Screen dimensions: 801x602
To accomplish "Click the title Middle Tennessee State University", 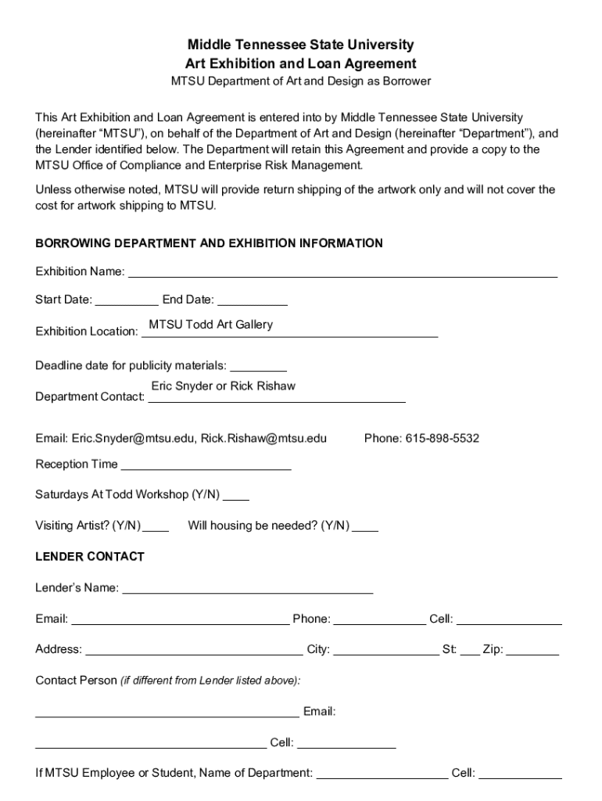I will tap(301, 45).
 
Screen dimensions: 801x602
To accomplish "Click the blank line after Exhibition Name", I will tap(342, 272).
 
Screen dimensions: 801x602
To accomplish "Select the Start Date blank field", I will tap(127, 300).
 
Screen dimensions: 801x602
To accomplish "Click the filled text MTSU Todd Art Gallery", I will tap(211, 325).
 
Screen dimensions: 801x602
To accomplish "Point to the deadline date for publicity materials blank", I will tap(259, 366).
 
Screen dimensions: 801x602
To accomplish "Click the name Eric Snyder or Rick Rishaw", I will tap(224, 386).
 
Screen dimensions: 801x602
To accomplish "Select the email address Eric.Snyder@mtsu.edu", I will tap(134, 438).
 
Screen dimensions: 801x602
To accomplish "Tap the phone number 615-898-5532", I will tap(442, 438).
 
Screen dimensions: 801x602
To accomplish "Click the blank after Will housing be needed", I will tap(366, 526).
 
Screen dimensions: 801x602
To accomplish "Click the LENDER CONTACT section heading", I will tap(90, 557).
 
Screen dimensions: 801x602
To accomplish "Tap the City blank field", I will tap(385, 650).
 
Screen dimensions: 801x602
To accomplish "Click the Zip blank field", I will tap(532, 650).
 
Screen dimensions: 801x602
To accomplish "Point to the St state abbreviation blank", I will tap(470, 650).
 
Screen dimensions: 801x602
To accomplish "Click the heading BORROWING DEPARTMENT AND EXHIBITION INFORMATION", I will tap(209, 243).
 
